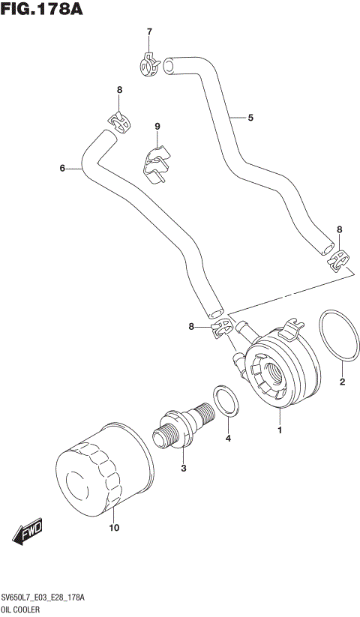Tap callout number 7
[x=148, y=31]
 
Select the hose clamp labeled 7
[x=150, y=62]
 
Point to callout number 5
[x=250, y=118]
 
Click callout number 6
[x=62, y=169]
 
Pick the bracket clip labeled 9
[x=157, y=165]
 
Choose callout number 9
[x=157, y=126]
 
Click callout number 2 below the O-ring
[x=342, y=382]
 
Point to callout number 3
[x=182, y=469]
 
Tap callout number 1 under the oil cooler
[x=279, y=430]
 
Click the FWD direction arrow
[x=28, y=532]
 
